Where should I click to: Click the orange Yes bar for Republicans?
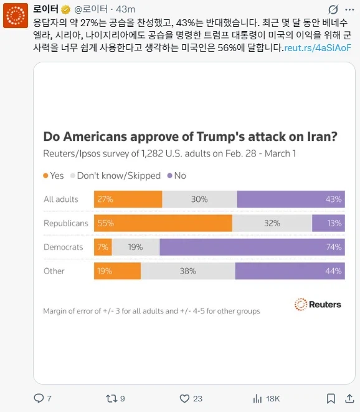coord(163,223)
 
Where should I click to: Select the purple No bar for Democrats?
coord(252,247)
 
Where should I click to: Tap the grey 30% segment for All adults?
coord(199,199)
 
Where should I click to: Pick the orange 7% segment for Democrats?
coord(103,247)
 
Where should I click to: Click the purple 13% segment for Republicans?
coord(328,223)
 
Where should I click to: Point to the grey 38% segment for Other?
coord(187,271)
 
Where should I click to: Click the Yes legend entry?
coord(54,176)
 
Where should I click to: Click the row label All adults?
coord(61,199)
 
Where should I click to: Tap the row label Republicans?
coord(66,223)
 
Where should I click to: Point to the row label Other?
coord(54,271)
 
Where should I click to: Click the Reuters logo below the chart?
coord(318,304)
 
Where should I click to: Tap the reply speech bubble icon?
coord(39,398)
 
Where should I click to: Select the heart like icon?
coord(184,398)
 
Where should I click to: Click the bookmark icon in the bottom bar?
coord(331,398)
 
